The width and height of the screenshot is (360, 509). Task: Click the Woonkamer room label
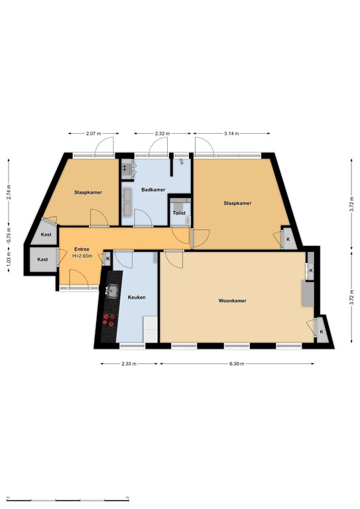pyautogui.click(x=232, y=301)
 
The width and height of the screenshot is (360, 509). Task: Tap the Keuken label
pyautogui.click(x=137, y=298)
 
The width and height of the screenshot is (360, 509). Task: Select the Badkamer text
pyautogui.click(x=153, y=190)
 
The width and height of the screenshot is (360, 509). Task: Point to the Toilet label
pyautogui.click(x=179, y=213)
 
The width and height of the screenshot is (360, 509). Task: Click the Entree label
pyautogui.click(x=82, y=249)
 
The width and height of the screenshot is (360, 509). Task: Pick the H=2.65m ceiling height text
pyautogui.click(x=82, y=256)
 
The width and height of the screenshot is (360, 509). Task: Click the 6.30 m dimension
pyautogui.click(x=237, y=364)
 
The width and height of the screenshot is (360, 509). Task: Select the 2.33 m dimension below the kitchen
pyautogui.click(x=129, y=364)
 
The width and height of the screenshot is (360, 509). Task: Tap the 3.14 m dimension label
pyautogui.click(x=231, y=133)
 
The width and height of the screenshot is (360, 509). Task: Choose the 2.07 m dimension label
pyautogui.click(x=93, y=133)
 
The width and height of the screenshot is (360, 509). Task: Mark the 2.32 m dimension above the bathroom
pyautogui.click(x=162, y=133)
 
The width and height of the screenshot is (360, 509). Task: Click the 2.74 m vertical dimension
pyautogui.click(x=9, y=192)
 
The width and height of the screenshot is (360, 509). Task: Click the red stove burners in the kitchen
pyautogui.click(x=109, y=319)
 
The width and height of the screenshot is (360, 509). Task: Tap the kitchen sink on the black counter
pyautogui.click(x=113, y=290)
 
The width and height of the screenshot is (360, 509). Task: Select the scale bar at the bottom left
pyautogui.click(x=68, y=499)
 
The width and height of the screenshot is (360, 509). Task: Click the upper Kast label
pyautogui.click(x=46, y=235)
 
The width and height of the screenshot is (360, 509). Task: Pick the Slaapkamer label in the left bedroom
pyautogui.click(x=88, y=192)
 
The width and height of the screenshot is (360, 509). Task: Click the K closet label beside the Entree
pyautogui.click(x=108, y=258)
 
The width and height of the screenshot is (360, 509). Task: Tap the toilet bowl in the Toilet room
pyautogui.click(x=188, y=221)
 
